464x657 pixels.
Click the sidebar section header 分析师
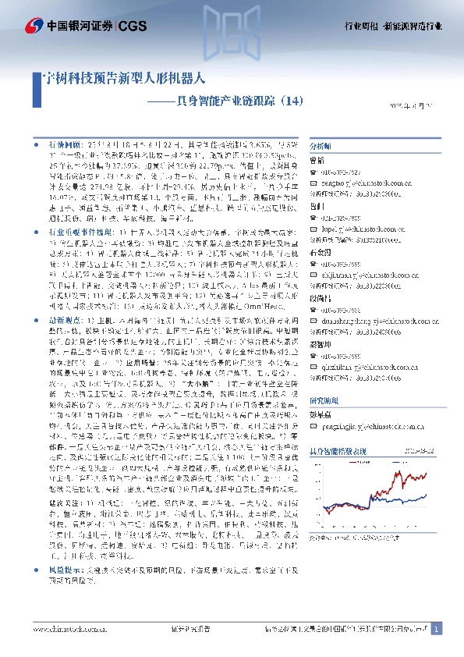[x=321, y=145]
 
